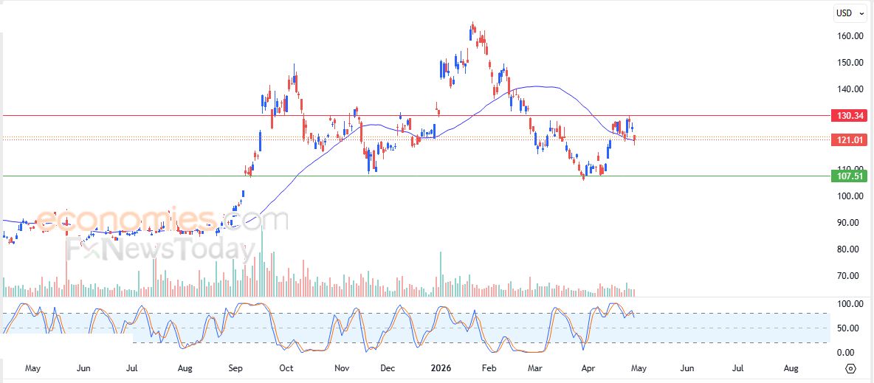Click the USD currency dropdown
coord(849,13)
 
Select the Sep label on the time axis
coord(235,368)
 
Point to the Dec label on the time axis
coord(388,368)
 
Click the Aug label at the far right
coord(791,368)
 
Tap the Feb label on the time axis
coord(488,368)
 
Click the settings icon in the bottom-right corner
coord(850,368)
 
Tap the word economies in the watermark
coord(125,219)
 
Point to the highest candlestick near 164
coord(472,29)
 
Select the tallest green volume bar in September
coord(261,258)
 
